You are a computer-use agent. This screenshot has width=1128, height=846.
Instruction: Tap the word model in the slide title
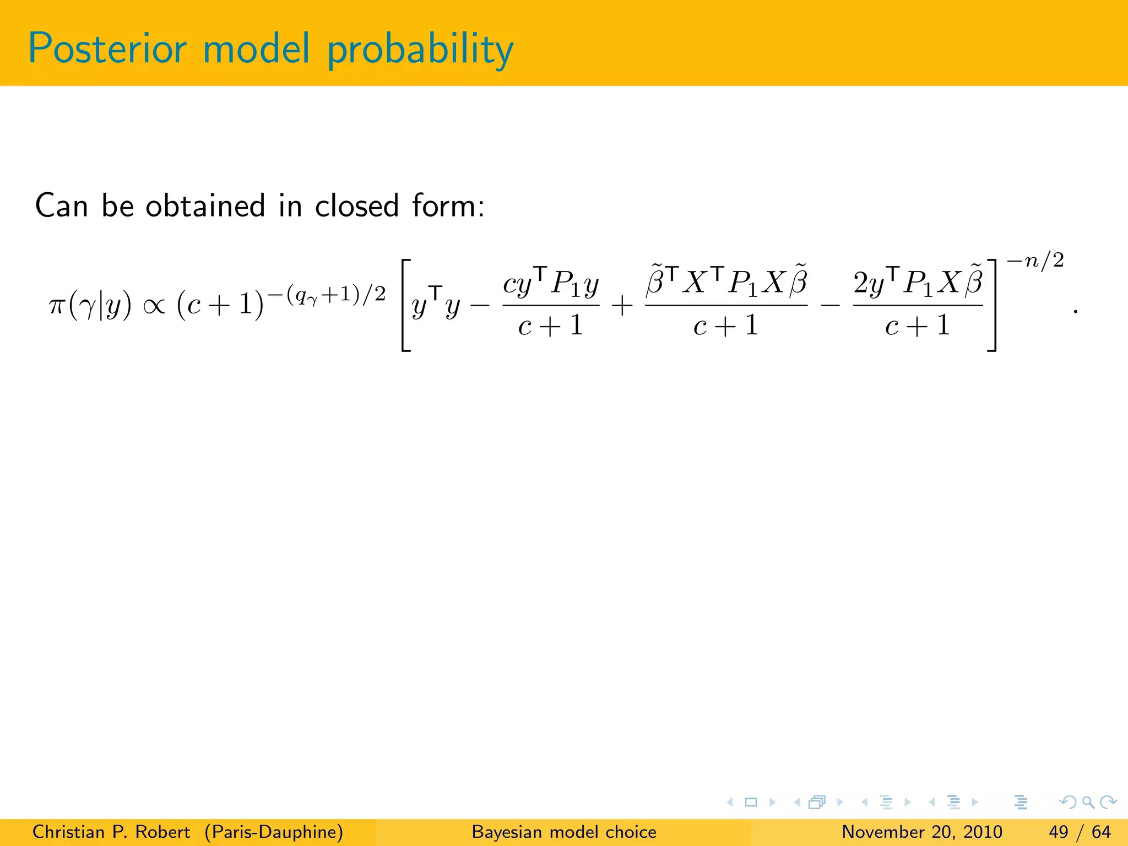tap(256, 49)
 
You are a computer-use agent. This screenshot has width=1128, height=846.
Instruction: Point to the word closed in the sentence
tap(356, 206)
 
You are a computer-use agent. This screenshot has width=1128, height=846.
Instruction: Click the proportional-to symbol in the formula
tap(154, 306)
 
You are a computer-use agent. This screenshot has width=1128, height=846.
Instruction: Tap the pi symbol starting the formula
tap(57, 306)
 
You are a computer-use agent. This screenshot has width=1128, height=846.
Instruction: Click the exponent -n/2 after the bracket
tap(1035, 261)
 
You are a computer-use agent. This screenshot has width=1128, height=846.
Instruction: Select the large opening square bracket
tap(406, 305)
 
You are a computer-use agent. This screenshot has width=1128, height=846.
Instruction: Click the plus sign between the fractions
tap(622, 306)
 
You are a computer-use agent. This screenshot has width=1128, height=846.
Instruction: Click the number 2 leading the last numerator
tap(861, 283)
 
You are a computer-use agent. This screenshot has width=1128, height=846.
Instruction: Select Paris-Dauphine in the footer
tap(274, 832)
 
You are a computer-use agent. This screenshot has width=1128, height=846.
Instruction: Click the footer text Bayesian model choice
tap(564, 832)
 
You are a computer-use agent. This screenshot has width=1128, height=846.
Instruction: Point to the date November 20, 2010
tap(922, 832)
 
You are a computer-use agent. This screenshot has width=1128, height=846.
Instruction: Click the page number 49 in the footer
tap(1059, 832)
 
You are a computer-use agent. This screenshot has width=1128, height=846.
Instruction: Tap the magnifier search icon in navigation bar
tap(1088, 802)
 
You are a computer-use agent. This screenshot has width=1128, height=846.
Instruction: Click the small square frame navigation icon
tap(751, 802)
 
